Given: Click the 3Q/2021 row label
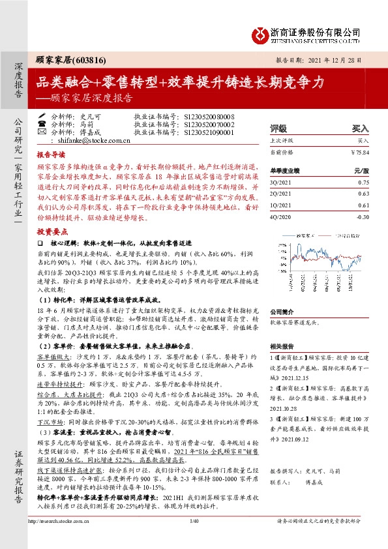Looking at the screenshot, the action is coord(280,183).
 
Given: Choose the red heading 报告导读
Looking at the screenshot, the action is coord(51,156).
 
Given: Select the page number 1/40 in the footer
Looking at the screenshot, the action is coord(193,539).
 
